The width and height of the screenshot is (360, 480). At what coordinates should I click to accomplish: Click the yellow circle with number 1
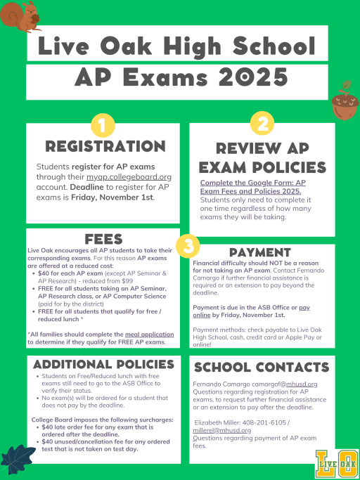103,127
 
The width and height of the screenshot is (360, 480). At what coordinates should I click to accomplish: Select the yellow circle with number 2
262,124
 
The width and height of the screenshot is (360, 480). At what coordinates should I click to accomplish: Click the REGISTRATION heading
105,146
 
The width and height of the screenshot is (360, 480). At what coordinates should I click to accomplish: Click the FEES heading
104,239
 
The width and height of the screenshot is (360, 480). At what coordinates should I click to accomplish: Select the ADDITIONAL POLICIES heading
103,364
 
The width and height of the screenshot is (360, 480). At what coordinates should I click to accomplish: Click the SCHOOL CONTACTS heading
261,368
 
